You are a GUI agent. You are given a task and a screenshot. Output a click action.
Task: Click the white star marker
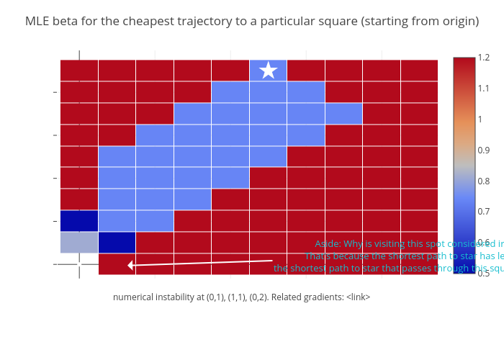[x=269, y=71]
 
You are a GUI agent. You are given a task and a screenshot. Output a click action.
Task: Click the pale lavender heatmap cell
[x=79, y=243]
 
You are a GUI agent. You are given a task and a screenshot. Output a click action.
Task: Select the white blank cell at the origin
[x=79, y=264]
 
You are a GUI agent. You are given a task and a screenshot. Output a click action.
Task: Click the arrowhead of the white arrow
[x=130, y=265]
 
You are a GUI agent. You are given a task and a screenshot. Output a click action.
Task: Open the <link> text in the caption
[x=358, y=297]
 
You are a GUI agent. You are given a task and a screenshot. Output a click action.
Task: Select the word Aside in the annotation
[x=328, y=243]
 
